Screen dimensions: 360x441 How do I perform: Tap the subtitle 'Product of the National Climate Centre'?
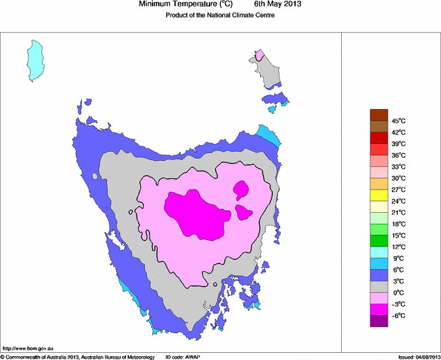coord(220,16)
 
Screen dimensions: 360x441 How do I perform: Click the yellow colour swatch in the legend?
coord(379,195)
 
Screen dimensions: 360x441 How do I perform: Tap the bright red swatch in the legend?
coord(379,138)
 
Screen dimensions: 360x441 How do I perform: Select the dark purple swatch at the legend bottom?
coord(379,320)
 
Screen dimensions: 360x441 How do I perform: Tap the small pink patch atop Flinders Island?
coord(260,54)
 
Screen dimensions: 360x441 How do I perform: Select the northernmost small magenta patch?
coord(242,190)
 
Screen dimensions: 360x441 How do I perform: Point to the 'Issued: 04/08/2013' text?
coord(419,357)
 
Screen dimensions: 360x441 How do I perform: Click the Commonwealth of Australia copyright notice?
coord(77,357)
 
